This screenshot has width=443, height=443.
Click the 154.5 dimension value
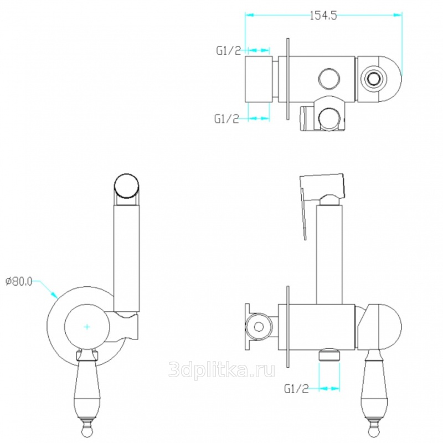pyautogui.click(x=323, y=16)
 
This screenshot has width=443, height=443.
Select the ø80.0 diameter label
pyautogui.click(x=19, y=281)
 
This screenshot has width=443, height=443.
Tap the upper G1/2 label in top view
pyautogui.click(x=229, y=50)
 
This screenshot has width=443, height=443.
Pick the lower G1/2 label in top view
pyautogui.click(x=226, y=119)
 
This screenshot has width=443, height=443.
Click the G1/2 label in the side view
pyautogui.click(x=296, y=389)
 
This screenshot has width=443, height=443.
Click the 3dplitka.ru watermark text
pyautogui.click(x=221, y=369)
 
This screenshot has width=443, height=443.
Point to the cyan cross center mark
pyautogui.click(x=87, y=327)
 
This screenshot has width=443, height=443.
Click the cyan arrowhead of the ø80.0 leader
pyautogui.click(x=54, y=295)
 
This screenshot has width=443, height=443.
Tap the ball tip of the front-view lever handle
pyautogui.click(x=87, y=432)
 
